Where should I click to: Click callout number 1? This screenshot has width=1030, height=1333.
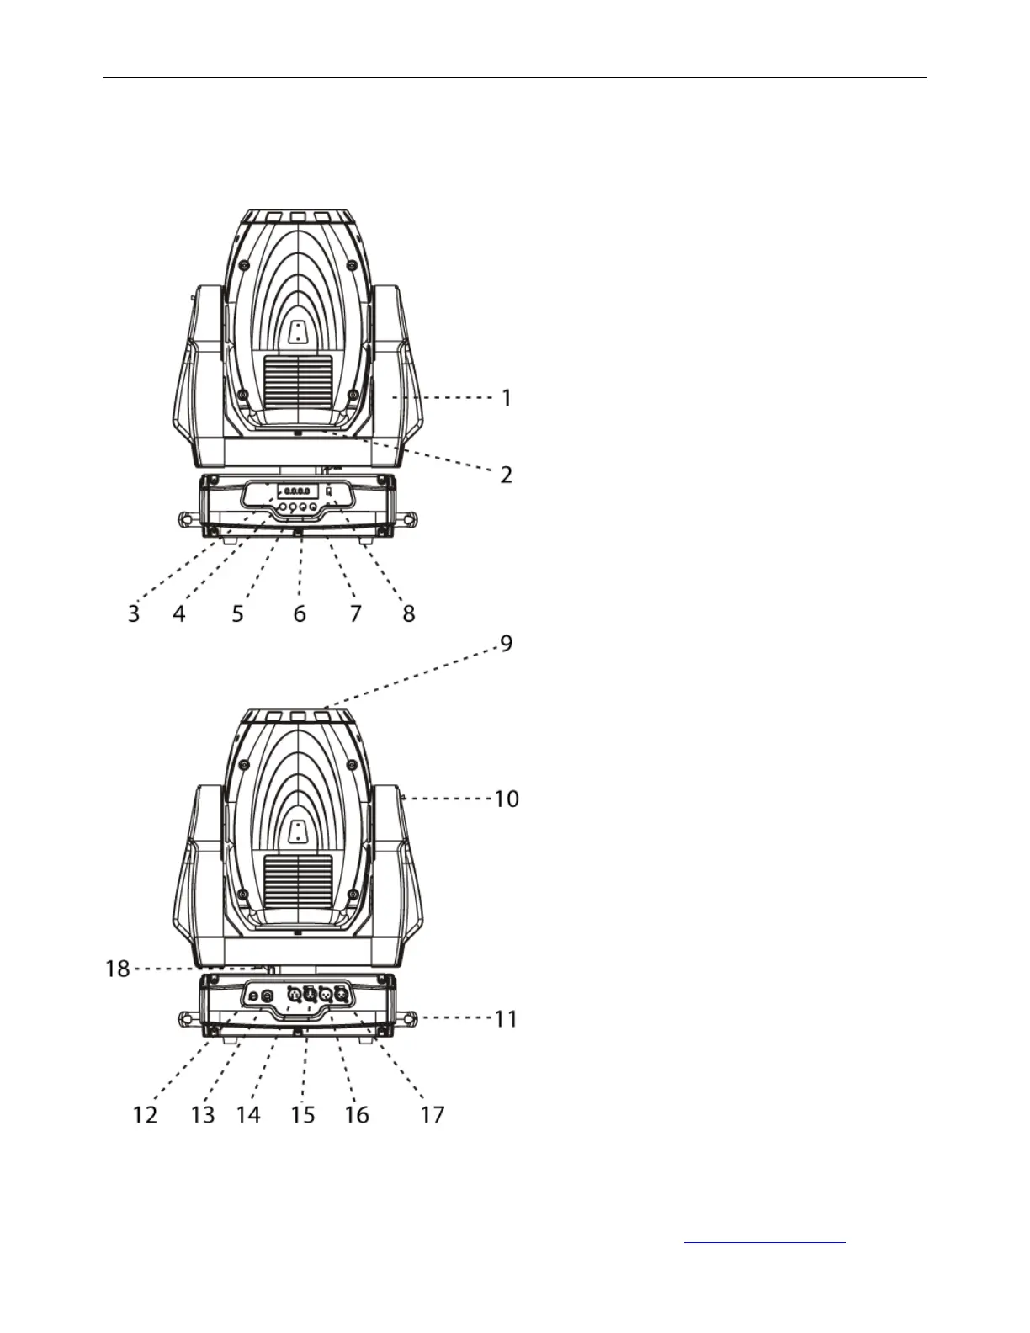(507, 397)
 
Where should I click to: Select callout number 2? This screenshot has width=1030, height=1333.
(507, 475)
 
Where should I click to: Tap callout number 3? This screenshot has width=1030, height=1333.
(134, 613)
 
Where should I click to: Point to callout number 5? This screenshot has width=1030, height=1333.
(238, 613)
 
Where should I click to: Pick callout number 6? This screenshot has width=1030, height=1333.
(300, 613)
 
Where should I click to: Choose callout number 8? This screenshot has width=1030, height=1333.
(409, 613)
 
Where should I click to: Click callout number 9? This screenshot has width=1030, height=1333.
(507, 645)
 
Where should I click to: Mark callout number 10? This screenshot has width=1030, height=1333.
(506, 798)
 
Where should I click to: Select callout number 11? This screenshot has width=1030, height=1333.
(505, 1019)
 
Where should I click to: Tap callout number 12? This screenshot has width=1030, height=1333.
(145, 1115)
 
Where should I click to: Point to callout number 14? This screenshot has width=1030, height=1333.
(248, 1115)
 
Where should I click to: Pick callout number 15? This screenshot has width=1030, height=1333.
(302, 1115)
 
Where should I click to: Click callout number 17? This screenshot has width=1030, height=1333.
(432, 1115)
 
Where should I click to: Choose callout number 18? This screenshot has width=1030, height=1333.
(118, 969)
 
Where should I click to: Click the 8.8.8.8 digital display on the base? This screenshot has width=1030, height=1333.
(297, 491)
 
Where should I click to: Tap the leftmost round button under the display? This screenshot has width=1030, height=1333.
(282, 507)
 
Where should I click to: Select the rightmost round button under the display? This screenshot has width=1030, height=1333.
(313, 507)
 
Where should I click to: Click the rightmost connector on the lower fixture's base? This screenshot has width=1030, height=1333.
(342, 995)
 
